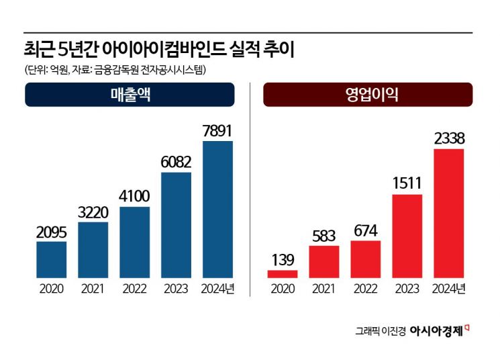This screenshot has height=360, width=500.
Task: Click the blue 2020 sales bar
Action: coord(51,259)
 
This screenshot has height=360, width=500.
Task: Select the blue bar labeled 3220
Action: coord(93,249)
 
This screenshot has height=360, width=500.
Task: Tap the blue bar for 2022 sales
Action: coord(134,242)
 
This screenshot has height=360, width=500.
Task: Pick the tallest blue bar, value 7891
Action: coord(217,209)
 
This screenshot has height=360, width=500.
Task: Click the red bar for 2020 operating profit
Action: coord(282,274)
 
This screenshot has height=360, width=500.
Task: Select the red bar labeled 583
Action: coord(323,261)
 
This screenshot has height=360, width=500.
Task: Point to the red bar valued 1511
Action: coord(407,236)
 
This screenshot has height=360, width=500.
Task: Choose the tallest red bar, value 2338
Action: coord(449,213)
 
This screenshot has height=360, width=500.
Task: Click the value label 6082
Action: coord(176,162)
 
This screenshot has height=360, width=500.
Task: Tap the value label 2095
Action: coord(51,232)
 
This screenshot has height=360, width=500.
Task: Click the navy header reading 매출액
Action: coord(130,95)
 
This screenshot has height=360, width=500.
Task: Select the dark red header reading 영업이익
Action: coord(367,95)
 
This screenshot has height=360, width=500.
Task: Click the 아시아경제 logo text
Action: coord(437,330)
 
